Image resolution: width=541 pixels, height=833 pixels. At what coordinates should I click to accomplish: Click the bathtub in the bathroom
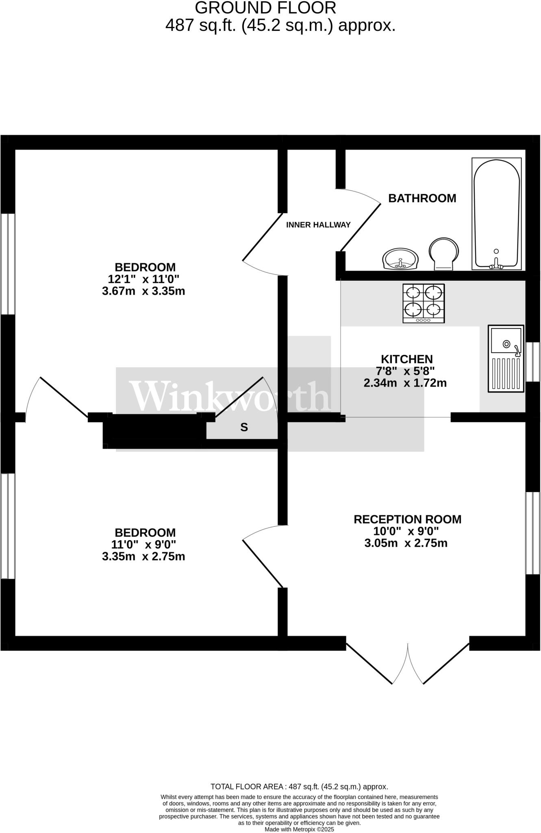pos(496,214)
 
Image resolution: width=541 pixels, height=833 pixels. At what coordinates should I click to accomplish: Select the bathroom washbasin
pos(400,259)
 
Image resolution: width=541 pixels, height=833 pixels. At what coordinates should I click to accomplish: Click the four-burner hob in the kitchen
pos(424,303)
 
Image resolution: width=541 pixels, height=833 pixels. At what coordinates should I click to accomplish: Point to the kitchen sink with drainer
pos(506,358)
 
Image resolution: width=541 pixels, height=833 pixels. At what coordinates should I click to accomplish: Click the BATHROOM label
pos(422,198)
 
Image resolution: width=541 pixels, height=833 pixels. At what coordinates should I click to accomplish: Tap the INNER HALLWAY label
pos(318,225)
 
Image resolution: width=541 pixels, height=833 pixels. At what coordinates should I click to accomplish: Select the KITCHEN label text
pos(406,359)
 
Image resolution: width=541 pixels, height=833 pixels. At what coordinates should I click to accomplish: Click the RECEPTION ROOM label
pos(407,519)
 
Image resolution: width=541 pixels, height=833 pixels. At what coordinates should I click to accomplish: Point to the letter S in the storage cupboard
pos(244,427)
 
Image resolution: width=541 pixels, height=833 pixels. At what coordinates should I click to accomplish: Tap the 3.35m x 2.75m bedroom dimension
pos(143,556)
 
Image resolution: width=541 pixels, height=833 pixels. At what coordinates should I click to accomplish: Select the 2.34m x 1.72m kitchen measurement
pos(405,383)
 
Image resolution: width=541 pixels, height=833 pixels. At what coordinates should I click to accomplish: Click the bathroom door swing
pos(360,220)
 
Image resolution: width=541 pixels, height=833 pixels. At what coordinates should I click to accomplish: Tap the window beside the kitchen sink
pos(533,362)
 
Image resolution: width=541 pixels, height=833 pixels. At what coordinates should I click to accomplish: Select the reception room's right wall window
pos(533,533)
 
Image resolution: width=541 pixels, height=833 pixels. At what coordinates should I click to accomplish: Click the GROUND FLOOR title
pos(265,8)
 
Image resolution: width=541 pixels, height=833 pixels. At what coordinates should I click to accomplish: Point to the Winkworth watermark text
pos(230,396)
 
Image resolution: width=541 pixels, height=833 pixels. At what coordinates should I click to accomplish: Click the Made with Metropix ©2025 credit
pos(299,829)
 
